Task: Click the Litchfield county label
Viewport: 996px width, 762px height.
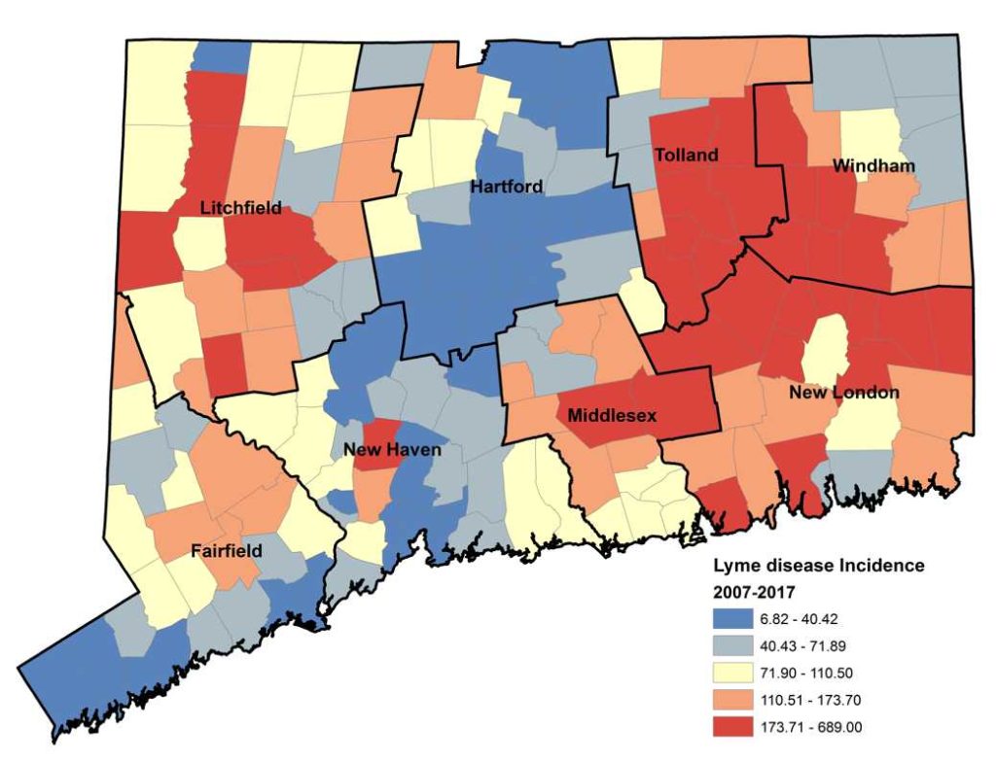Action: tap(240, 207)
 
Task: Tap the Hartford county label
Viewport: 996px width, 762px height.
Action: tap(507, 186)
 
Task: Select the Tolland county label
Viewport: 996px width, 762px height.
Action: tap(687, 155)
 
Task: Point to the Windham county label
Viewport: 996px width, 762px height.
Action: tap(873, 166)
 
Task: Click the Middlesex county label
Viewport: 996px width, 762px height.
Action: tap(612, 415)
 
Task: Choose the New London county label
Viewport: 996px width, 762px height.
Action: tap(843, 392)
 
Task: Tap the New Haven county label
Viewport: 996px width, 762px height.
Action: tap(393, 450)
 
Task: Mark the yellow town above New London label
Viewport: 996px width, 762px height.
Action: tap(823, 351)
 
